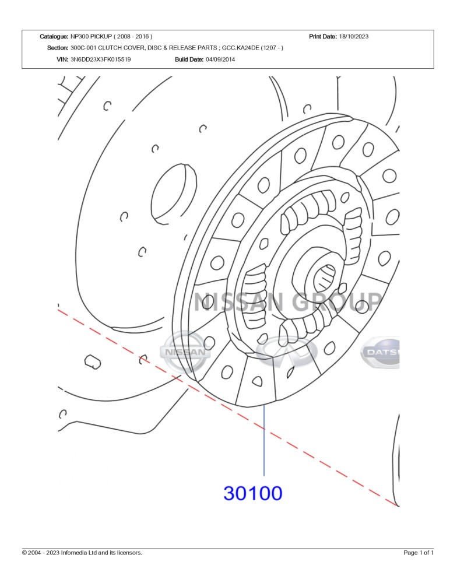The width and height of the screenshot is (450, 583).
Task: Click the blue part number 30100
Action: [x=253, y=493]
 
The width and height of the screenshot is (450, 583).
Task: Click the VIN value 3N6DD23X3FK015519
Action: [x=100, y=59]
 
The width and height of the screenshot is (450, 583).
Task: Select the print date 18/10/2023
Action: [x=354, y=36]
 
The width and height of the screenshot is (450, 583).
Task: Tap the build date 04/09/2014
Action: [x=220, y=59]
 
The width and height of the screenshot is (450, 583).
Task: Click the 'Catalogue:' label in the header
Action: [x=54, y=36]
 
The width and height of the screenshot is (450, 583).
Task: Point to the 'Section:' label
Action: [x=58, y=48]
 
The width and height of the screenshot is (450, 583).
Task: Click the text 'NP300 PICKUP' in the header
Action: [x=91, y=36]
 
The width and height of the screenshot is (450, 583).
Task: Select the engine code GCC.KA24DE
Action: [x=240, y=48]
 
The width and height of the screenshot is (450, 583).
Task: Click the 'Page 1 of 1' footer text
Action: [x=419, y=553]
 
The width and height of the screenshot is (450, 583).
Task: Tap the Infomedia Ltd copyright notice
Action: [x=82, y=553]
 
